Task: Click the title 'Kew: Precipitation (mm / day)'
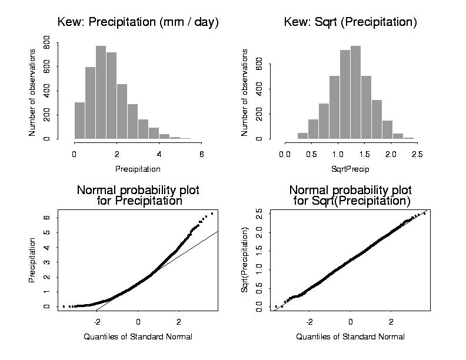coord(138,23)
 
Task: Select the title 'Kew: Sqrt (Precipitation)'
coord(350,23)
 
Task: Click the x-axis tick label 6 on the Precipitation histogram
coord(202,154)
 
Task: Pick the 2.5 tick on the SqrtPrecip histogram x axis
coord(418,154)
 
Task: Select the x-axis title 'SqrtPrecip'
coord(350,169)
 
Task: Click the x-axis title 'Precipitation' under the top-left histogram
coord(138,169)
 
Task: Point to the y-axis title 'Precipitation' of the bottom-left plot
coord(32,260)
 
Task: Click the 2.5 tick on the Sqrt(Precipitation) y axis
coord(259,213)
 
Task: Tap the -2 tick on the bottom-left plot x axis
coord(97,322)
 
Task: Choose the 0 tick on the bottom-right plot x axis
coord(351,322)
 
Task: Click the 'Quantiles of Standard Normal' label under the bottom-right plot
coord(350,336)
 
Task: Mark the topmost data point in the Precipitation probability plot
coord(212,214)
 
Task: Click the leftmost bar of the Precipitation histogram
coord(79,121)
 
